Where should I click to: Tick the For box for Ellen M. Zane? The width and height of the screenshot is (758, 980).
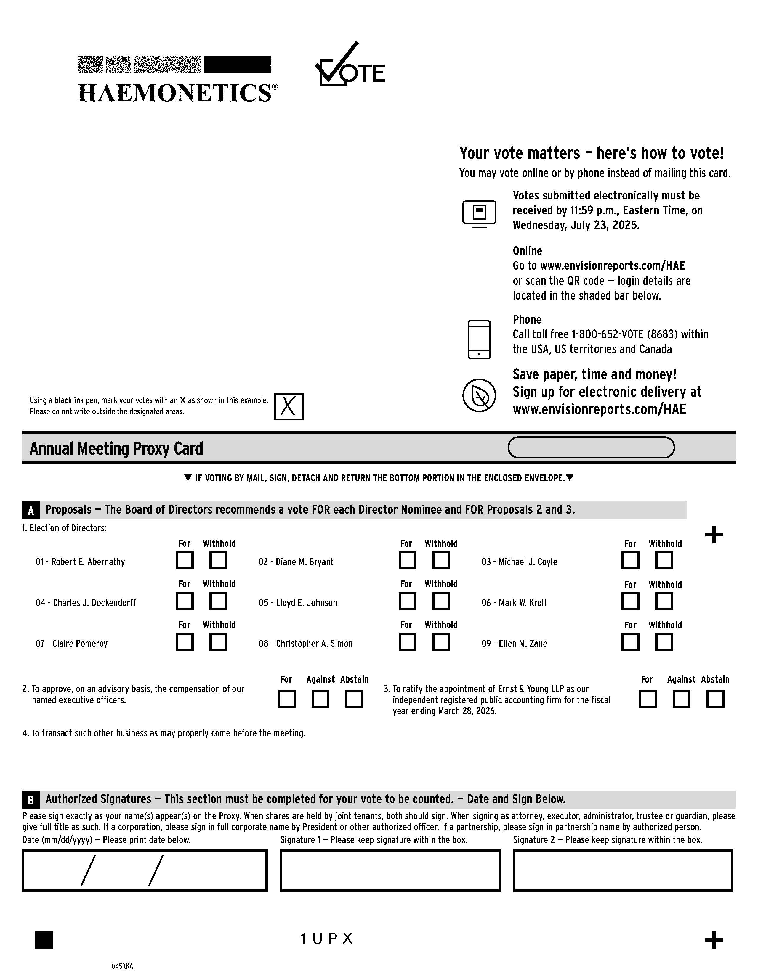tap(630, 642)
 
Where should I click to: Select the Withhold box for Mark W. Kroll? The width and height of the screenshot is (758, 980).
tap(664, 601)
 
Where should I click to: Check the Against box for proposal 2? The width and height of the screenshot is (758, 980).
tap(320, 699)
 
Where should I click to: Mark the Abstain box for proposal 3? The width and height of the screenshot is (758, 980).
tap(715, 699)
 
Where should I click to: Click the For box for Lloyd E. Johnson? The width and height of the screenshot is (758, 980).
tap(407, 601)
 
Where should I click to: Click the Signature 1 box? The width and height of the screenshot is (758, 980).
tap(390, 870)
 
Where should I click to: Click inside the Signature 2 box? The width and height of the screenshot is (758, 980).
tap(623, 870)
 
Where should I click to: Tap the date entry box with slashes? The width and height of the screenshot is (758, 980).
tap(145, 870)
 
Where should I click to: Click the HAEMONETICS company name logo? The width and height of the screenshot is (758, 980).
tap(177, 93)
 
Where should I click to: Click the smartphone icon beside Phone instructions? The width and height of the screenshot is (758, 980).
tap(479, 340)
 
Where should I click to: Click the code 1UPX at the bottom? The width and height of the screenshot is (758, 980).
tap(326, 939)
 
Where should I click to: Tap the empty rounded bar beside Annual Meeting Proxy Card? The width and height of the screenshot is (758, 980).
tap(591, 447)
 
